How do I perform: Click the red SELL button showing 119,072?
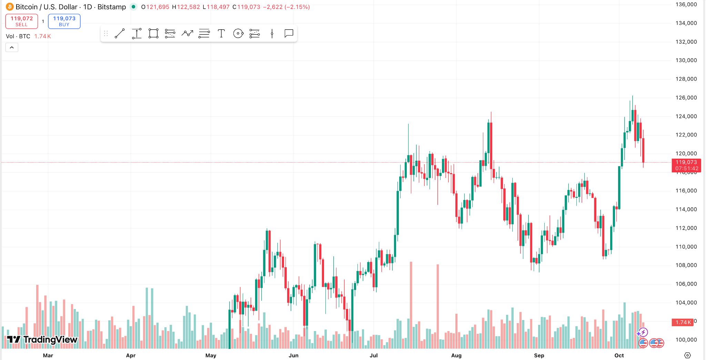coord(22,21)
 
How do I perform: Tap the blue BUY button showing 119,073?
coord(64,21)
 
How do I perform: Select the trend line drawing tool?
coord(120,33)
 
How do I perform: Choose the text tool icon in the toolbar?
coord(221,33)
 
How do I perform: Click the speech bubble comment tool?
coord(289,33)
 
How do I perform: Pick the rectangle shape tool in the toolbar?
coord(153,33)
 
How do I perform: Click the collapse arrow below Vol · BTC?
coord(12,47)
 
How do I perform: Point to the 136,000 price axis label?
coord(686,4)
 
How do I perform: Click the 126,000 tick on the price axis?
coord(686,98)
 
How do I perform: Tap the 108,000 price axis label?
coord(686,265)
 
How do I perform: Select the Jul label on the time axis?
coord(374,355)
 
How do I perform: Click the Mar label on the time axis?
coord(48,355)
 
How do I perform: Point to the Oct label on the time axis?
coord(619,355)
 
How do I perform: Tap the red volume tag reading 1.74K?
coord(683,322)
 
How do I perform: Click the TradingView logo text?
coord(50,340)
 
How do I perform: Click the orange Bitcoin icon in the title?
coord(10,7)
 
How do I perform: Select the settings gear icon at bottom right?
coord(687,355)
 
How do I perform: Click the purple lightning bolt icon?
coord(643,332)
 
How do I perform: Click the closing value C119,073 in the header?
coord(246,7)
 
